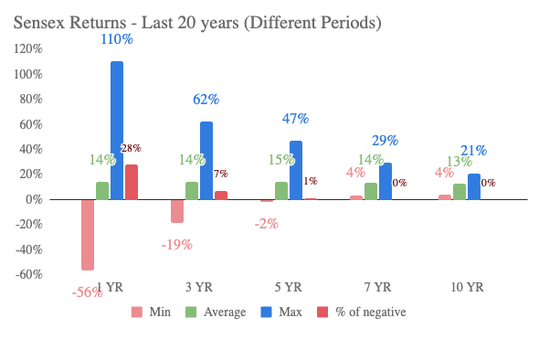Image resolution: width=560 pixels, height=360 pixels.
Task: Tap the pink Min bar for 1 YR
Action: [x=88, y=234]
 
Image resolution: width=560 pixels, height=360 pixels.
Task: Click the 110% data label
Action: [x=117, y=41]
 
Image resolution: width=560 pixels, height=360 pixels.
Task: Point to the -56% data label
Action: [x=87, y=292]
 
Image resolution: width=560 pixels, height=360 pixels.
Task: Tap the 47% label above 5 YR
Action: [x=295, y=119]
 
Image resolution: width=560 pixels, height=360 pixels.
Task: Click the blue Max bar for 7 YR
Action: [x=386, y=181]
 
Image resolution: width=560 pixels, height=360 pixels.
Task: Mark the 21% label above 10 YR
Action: [x=473, y=151]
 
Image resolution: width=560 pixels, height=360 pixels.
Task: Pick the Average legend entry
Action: [x=217, y=312]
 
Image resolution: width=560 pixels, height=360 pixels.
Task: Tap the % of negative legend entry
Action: [x=363, y=312]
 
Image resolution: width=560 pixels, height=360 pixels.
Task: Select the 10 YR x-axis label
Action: [x=468, y=287]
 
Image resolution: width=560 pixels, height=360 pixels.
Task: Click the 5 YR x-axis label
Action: [x=289, y=287]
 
